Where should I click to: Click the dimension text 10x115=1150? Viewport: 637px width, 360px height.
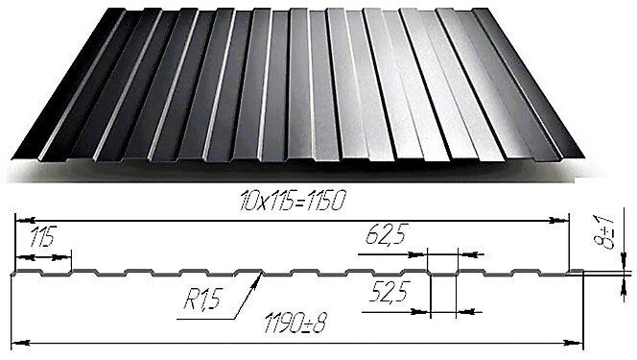293,201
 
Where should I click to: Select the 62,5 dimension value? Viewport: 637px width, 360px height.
387,234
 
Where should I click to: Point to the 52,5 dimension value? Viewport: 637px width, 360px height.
389,292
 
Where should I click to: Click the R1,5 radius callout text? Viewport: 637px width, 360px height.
202,300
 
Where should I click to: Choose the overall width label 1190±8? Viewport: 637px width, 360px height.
295,323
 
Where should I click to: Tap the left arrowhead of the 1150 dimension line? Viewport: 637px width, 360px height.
16,221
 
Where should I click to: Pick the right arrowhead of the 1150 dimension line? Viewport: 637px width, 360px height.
568,221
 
